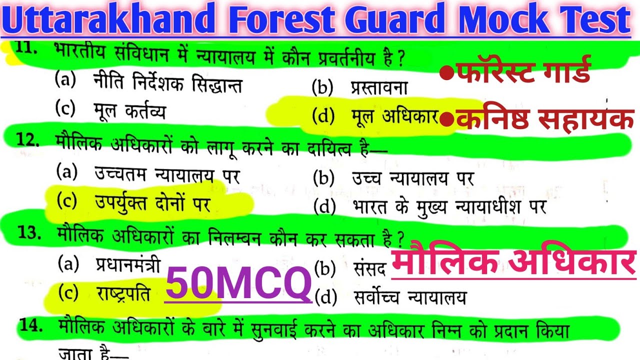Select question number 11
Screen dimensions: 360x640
[x=24, y=48]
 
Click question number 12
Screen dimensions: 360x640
[x=27, y=141]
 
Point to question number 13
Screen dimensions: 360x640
[x=28, y=233]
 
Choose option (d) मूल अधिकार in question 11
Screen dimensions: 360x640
[x=375, y=116]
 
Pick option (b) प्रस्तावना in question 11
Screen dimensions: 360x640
[x=359, y=88]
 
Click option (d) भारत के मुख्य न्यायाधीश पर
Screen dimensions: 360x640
[x=429, y=205]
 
